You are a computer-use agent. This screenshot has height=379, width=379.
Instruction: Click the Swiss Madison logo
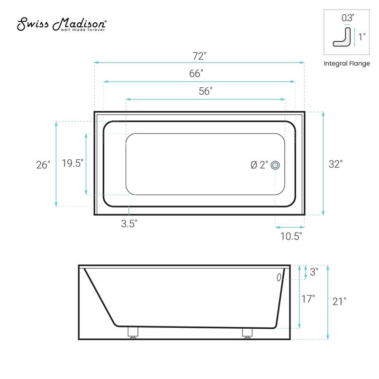tap(62, 25)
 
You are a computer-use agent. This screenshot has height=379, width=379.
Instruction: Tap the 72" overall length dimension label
tap(199, 56)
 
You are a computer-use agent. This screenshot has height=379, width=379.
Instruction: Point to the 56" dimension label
tap(205, 92)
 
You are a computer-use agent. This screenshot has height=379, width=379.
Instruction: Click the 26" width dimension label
tap(43, 165)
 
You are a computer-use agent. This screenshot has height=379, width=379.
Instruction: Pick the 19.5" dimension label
tap(72, 163)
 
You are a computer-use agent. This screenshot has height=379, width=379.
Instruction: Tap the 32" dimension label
tap(335, 164)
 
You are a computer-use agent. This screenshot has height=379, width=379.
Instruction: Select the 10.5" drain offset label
tap(291, 235)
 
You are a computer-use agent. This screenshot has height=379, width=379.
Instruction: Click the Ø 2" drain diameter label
tap(259, 165)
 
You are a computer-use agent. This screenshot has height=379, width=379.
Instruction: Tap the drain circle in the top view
tap(276, 165)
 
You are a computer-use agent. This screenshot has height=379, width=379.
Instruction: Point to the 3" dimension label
tap(314, 272)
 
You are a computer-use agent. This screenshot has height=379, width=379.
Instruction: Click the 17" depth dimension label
tap(307, 299)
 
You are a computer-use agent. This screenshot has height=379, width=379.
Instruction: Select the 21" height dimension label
tap(339, 301)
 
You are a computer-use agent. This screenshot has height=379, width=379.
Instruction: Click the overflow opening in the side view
tap(279, 277)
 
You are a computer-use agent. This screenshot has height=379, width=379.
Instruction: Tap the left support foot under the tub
tap(133, 332)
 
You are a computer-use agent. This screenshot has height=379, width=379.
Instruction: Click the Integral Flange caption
tap(346, 63)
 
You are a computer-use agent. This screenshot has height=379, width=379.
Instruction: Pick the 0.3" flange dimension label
tap(347, 18)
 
